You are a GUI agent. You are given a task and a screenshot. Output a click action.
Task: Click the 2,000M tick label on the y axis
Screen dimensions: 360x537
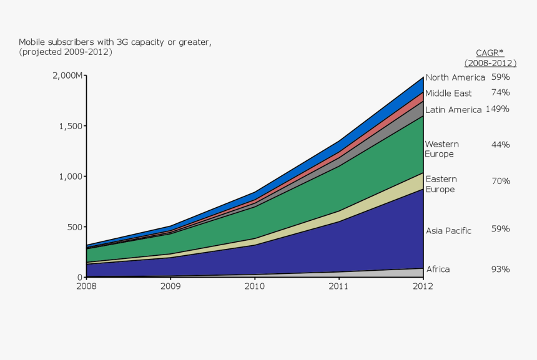pyautogui.click(x=66, y=75)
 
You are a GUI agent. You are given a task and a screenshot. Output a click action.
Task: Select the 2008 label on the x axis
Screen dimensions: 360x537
pyautogui.click(x=87, y=286)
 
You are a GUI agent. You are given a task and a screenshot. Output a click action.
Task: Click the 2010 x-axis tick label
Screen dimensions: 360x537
pyautogui.click(x=255, y=286)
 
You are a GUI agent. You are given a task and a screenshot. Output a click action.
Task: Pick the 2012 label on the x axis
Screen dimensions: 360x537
pyautogui.click(x=423, y=286)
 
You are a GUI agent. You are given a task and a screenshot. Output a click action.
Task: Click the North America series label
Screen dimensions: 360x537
pyautogui.click(x=455, y=78)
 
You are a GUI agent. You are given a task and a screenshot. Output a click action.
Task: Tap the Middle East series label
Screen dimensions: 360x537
pyautogui.click(x=448, y=94)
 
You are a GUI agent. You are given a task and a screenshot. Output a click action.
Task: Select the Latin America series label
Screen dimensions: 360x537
pyautogui.click(x=453, y=110)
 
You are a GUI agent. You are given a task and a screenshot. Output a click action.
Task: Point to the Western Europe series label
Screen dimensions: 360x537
pyautogui.click(x=441, y=149)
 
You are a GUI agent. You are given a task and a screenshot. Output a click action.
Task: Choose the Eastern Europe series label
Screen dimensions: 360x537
pyautogui.click(x=441, y=185)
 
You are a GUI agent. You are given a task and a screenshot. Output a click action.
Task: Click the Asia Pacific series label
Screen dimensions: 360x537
pyautogui.click(x=448, y=231)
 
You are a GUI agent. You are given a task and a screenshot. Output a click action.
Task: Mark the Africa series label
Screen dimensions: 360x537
pyautogui.click(x=438, y=270)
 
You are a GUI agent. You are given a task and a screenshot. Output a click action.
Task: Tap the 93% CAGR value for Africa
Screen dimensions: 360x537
pyautogui.click(x=500, y=270)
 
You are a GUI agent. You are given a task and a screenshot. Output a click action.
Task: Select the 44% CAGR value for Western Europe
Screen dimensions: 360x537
pyautogui.click(x=500, y=145)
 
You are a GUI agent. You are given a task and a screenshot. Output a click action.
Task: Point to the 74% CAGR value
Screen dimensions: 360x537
pyautogui.click(x=500, y=92)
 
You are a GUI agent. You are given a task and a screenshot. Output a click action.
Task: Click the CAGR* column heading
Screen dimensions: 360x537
pyautogui.click(x=490, y=53)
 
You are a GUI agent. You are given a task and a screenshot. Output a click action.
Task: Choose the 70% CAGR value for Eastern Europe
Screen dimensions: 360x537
pyautogui.click(x=500, y=182)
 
